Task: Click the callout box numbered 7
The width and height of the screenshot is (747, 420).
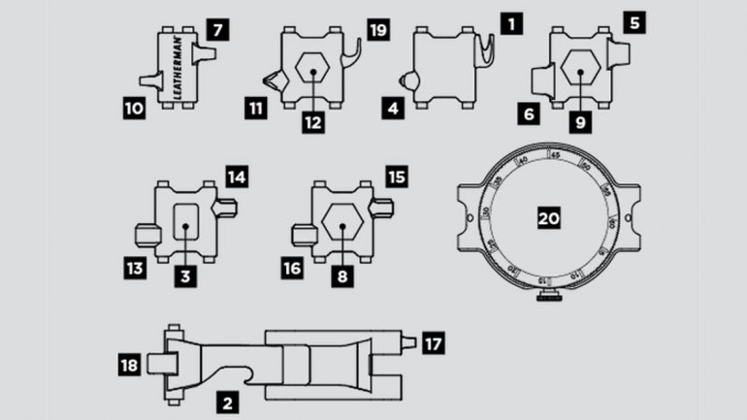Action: coord(219,30)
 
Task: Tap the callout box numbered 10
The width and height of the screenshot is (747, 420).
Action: coord(133,111)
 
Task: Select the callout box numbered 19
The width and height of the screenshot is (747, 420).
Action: coord(377,30)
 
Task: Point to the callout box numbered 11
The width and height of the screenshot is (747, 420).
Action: coord(256,110)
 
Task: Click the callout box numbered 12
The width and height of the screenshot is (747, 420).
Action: coord(311,122)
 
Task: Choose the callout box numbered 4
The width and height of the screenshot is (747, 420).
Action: coord(393,110)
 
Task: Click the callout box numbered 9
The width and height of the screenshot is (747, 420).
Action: coord(579,122)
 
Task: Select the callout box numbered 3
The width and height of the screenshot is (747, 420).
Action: coord(184,276)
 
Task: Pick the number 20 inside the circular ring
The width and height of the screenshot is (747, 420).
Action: coord(550,219)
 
